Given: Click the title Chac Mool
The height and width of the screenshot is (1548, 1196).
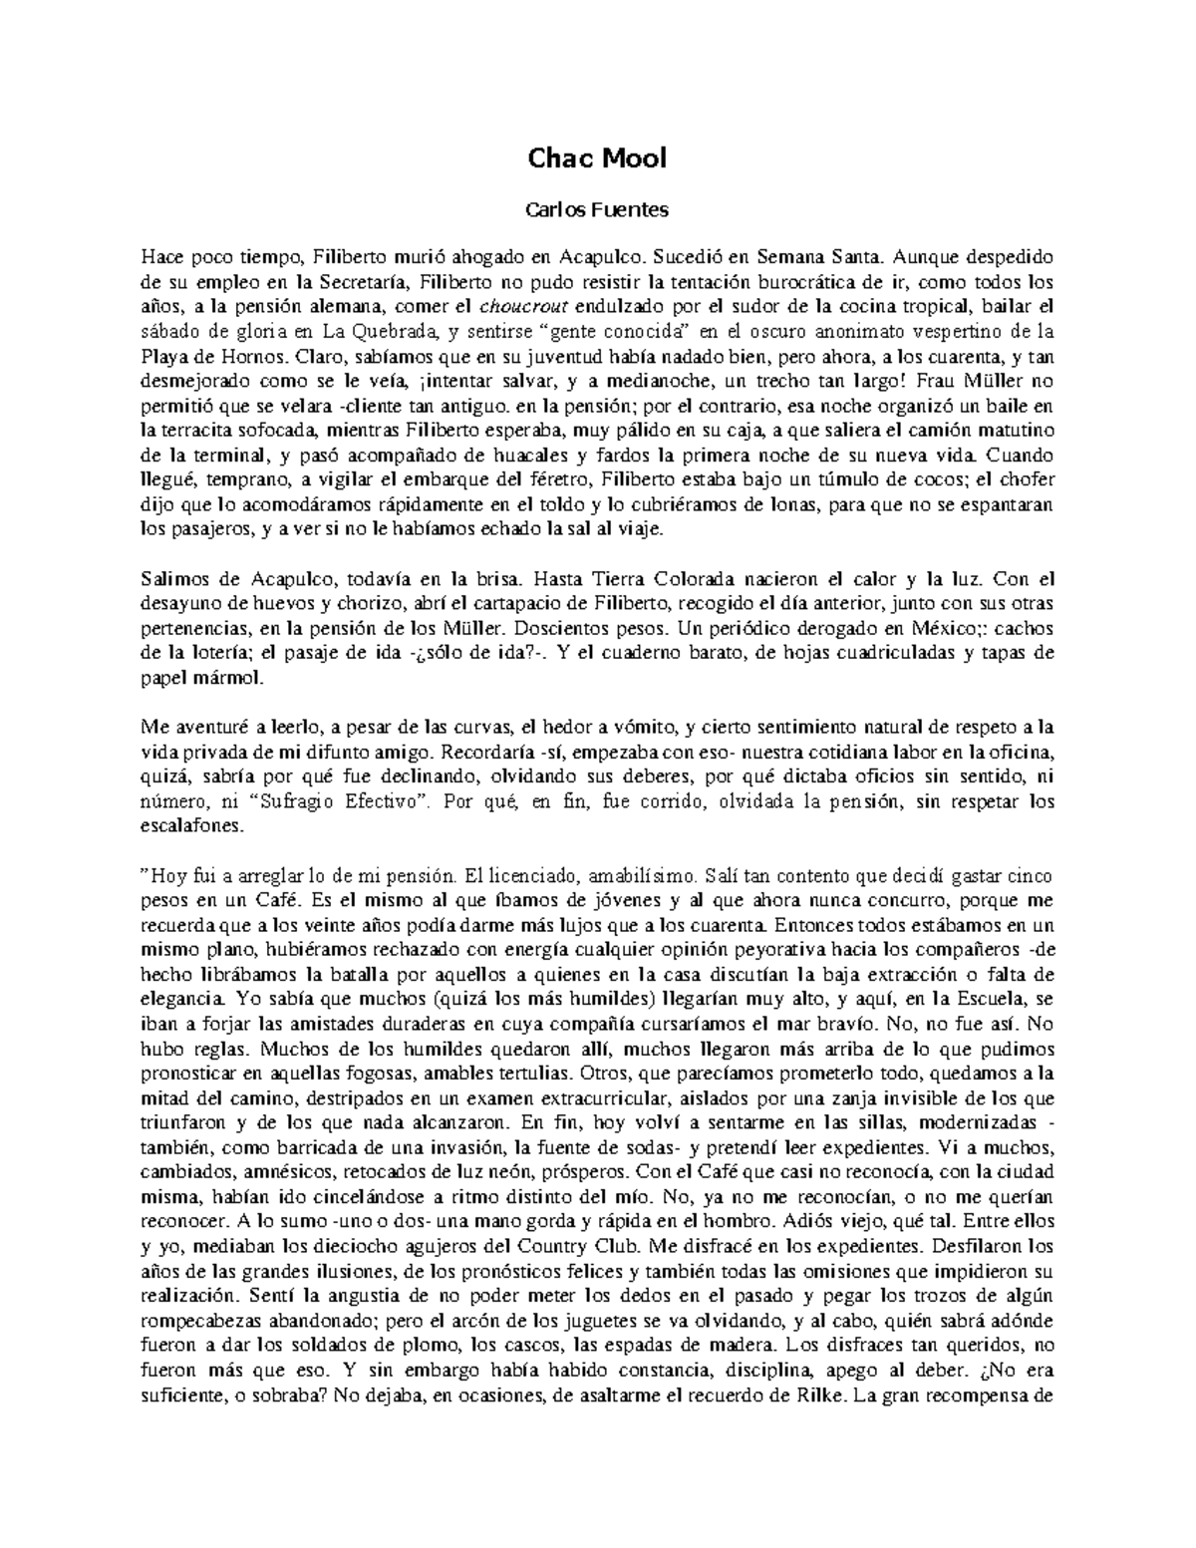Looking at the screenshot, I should coord(596,157).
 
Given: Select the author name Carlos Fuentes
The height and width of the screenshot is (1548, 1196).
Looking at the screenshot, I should coord(596,210).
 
